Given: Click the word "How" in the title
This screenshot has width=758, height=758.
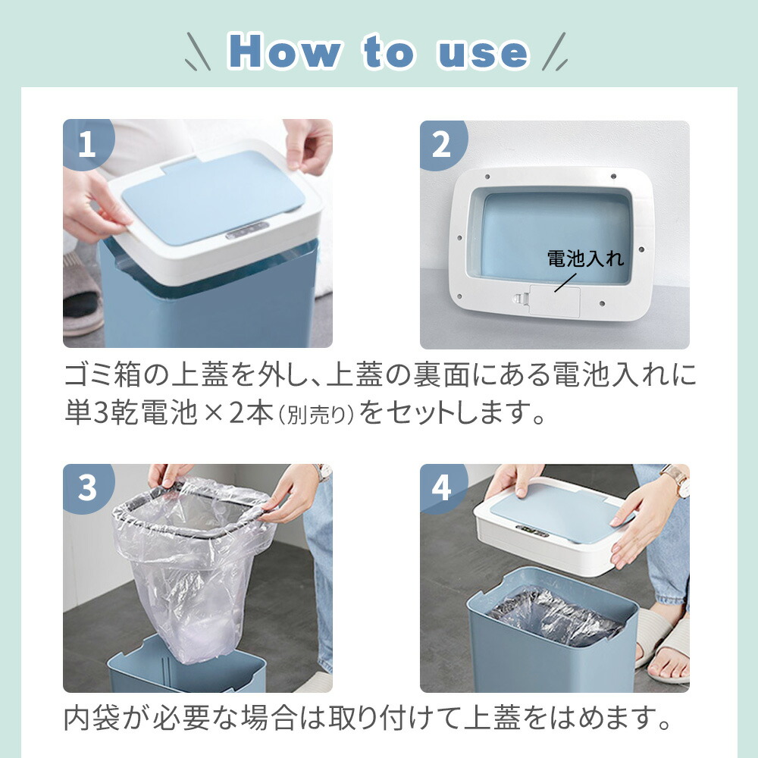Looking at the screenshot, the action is pos(285,52).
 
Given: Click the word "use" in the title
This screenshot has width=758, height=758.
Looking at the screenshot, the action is pos(482,54).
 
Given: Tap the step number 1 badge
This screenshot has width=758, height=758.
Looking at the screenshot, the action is pos(87,143).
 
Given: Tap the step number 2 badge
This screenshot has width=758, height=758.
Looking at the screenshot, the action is pos(442,144).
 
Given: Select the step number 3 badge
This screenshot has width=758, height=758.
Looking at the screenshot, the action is pos(87,487).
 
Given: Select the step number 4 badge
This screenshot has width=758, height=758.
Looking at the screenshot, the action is pos(441,487).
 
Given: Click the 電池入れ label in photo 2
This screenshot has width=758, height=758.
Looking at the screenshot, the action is pos(585,258).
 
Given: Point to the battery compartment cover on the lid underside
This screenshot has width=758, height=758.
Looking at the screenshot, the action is pos(555,301).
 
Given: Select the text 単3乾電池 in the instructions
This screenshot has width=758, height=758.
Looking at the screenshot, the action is pos(131,413).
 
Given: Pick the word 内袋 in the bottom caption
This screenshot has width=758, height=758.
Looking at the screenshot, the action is pos(92,718).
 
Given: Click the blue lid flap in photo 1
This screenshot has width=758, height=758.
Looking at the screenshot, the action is pos(213,196).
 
